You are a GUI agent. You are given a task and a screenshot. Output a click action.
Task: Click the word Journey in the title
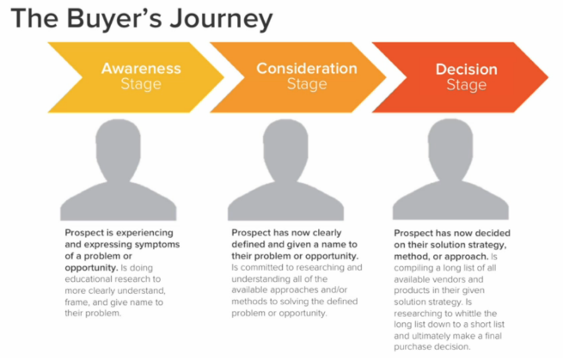click(x=221, y=20)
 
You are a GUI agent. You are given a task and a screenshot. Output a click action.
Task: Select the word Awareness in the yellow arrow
click(x=141, y=68)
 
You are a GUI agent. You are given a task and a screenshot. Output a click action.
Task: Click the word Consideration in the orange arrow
click(x=307, y=68)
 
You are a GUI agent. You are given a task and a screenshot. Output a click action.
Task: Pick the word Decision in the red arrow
click(x=467, y=69)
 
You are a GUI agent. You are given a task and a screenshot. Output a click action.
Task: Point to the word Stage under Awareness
click(x=141, y=84)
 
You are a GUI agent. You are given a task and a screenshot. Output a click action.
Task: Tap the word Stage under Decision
click(x=467, y=85)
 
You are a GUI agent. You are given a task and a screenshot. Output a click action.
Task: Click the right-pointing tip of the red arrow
click(x=548, y=77)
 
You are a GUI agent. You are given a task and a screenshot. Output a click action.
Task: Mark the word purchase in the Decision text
click(x=412, y=347)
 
